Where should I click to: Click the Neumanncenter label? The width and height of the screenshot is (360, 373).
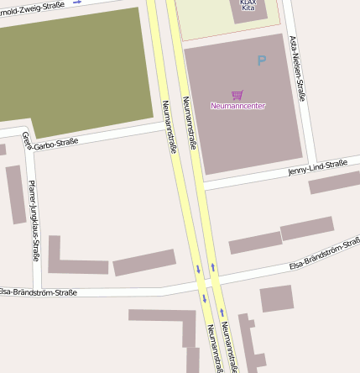237,106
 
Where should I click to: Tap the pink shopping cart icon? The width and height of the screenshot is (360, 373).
237,95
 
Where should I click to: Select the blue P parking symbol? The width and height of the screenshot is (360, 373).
261,60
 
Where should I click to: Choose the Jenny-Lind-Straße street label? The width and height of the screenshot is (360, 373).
317,167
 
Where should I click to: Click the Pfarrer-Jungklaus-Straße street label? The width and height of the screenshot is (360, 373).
34,220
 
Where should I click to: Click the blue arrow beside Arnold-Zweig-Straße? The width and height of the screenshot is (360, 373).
77,3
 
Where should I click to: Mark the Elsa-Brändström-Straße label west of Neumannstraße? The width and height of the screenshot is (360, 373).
38,292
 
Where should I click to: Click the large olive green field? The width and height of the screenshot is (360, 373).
76,67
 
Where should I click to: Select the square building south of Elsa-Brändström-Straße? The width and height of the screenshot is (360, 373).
276,299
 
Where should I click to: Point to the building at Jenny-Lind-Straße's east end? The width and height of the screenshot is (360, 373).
334,182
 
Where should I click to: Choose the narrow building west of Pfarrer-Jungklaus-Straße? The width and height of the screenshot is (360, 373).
16,193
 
